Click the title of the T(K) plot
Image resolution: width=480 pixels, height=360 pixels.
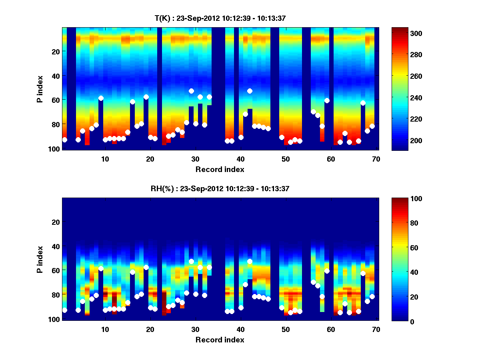(220, 18)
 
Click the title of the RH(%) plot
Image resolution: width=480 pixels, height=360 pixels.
(220, 189)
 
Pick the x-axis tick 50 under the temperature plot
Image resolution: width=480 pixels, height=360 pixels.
(286, 159)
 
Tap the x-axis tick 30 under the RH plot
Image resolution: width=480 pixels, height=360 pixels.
(195, 329)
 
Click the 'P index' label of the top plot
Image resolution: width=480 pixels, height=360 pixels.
(40, 88)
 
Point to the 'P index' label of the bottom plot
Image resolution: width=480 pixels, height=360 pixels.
(40, 259)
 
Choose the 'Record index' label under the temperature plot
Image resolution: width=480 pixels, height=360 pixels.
(220, 169)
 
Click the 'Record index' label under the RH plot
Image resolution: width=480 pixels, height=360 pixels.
(220, 340)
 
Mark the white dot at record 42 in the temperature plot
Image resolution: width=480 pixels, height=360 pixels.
(250, 91)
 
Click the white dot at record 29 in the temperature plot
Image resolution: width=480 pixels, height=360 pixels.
(191, 91)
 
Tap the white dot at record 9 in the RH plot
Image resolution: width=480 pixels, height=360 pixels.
(101, 268)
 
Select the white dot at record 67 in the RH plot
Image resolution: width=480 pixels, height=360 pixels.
(363, 273)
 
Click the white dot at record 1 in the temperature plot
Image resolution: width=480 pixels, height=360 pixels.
(65, 140)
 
